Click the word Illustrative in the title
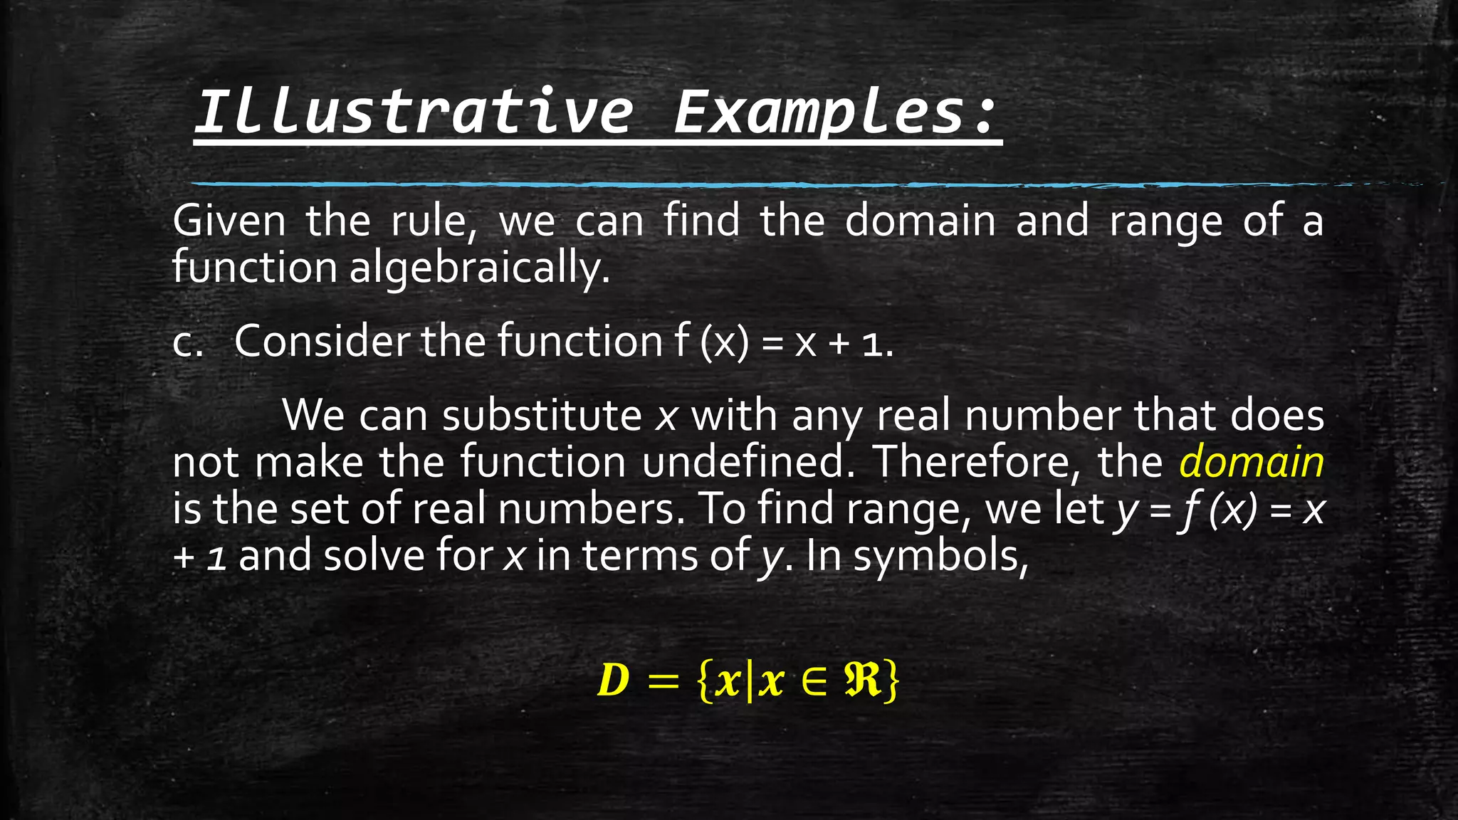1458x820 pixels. [x=413, y=112]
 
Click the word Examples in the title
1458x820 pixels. [x=819, y=112]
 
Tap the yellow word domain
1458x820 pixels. [x=1251, y=461]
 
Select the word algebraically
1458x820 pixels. [x=479, y=268]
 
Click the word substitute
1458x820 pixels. [x=541, y=415]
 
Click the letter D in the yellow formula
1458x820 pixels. [x=613, y=680]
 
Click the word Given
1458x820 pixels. [x=229, y=221]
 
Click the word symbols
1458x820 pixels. [x=940, y=556]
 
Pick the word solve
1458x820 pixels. [x=374, y=556]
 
